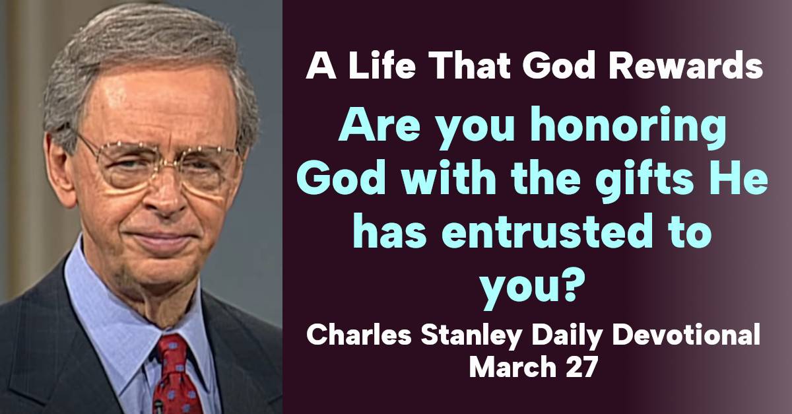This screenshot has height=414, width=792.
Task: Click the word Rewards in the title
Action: pyautogui.click(x=686, y=66)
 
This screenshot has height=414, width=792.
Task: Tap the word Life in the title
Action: pyautogui.click(x=381, y=66)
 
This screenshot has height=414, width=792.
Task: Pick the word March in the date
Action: pyautogui.click(x=513, y=367)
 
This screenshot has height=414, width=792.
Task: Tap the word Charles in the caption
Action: pyautogui.click(x=359, y=335)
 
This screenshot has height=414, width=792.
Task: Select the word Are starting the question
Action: pyautogui.click(x=379, y=127)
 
